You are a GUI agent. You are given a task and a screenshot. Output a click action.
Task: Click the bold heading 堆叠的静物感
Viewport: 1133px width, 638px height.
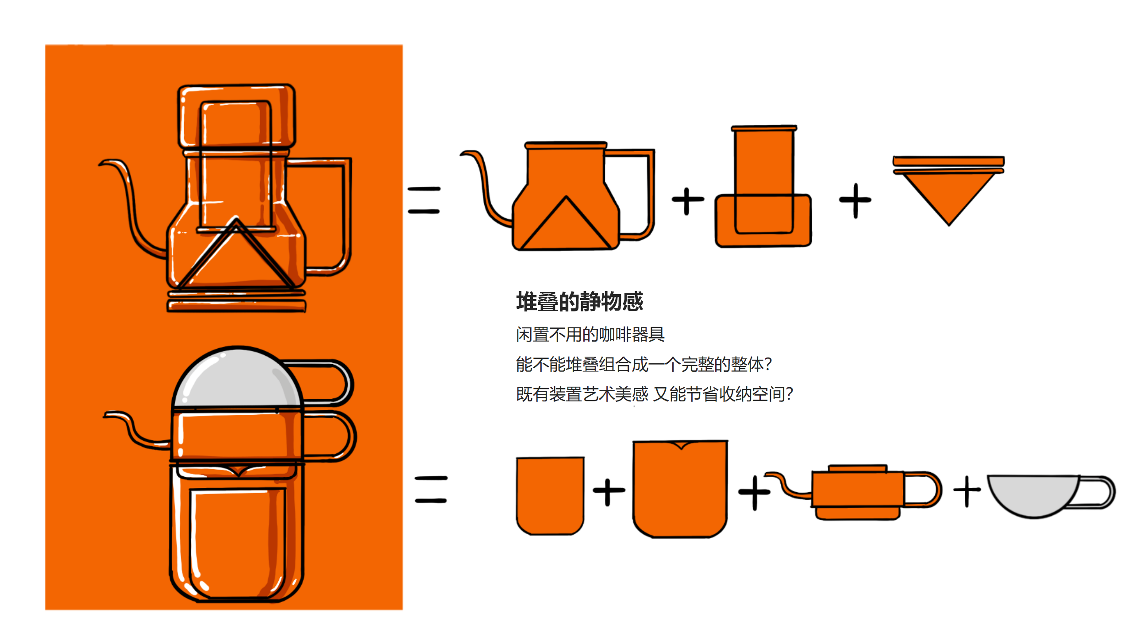(579, 302)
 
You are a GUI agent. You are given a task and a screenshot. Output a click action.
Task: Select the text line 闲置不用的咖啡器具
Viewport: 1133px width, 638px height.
(590, 335)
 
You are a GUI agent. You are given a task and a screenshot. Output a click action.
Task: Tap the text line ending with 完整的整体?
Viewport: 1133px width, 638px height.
(644, 364)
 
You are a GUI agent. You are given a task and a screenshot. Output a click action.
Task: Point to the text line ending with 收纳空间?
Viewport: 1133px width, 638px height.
(654, 394)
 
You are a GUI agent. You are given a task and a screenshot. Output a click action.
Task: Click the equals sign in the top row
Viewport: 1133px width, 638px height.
(424, 200)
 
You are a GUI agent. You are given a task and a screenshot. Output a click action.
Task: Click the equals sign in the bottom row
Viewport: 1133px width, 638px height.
(431, 490)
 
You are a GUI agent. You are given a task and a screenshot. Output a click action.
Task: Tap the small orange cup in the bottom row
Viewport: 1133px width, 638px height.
(550, 495)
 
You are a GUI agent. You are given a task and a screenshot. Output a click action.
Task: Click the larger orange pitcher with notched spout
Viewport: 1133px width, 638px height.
(680, 490)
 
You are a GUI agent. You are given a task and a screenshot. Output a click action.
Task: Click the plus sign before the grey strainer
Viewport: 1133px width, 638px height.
(967, 491)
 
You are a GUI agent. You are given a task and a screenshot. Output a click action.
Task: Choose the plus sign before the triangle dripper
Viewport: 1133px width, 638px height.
(855, 200)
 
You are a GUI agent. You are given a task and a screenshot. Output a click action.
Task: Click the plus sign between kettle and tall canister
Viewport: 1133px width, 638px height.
(687, 201)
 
